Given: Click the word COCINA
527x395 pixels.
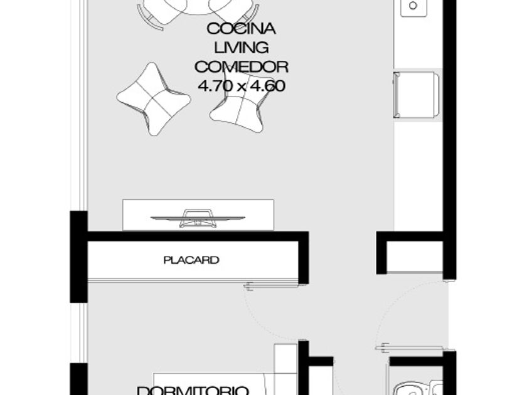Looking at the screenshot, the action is [x=242, y=29].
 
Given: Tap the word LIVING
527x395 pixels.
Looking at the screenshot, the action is [x=242, y=48].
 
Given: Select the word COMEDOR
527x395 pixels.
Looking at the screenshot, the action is [x=242, y=67].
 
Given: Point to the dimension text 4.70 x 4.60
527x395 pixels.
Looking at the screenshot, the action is [x=242, y=86].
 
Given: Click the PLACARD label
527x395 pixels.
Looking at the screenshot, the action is [x=191, y=260].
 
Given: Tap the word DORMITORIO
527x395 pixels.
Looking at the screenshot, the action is [x=193, y=391].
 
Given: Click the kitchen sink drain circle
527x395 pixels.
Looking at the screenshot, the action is [x=413, y=6].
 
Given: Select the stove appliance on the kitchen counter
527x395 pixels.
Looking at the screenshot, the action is [x=417, y=95].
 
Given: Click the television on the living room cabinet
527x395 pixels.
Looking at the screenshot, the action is [x=198, y=218].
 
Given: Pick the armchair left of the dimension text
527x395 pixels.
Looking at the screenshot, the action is [x=154, y=99].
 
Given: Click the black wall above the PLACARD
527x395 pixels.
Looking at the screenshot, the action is [x=198, y=236].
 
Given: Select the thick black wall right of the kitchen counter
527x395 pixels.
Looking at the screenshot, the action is [x=449, y=139].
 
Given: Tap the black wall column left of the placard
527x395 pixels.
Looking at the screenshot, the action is [x=78, y=256].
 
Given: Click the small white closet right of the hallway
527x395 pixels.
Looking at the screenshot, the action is [x=415, y=256].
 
